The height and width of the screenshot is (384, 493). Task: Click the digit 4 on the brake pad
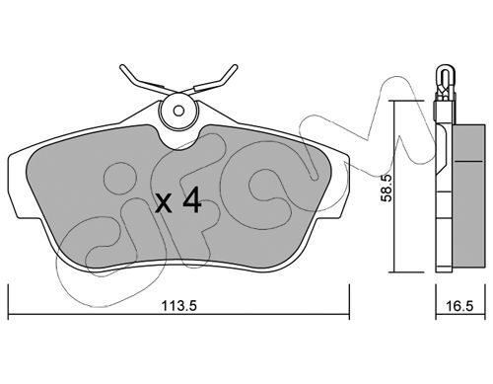[192, 203]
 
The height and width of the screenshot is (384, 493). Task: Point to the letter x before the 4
[164, 205]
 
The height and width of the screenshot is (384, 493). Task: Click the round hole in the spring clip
[179, 111]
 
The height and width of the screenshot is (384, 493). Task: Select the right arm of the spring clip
[223, 80]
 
